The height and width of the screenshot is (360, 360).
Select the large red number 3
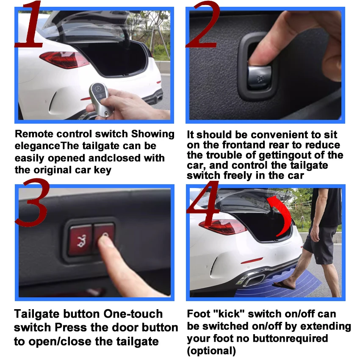(32, 202)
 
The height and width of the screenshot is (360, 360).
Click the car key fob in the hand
(99, 99)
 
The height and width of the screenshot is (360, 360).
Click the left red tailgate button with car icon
(80, 240)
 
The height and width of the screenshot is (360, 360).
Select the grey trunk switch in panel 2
(259, 77)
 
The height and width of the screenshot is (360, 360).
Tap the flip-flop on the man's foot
(283, 285)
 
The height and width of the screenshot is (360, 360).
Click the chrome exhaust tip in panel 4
(252, 280)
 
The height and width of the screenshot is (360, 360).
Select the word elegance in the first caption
(37, 146)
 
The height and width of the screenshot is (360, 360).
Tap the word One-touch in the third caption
(133, 314)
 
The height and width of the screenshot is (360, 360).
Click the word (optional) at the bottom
(211, 351)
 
